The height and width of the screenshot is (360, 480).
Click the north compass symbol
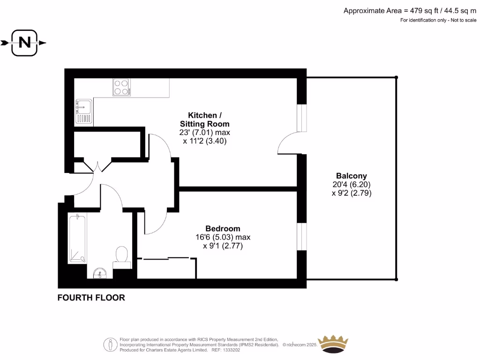click(x=24, y=43)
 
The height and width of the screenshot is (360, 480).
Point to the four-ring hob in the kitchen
click(x=121, y=87)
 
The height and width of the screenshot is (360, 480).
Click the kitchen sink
click(x=83, y=112)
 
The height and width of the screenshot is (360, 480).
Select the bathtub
click(x=77, y=238)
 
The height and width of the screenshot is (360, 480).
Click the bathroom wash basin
click(x=100, y=273)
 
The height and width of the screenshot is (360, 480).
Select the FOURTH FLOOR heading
click(x=91, y=298)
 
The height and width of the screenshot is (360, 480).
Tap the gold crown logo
click(x=333, y=345)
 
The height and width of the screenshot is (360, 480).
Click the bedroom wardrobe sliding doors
click(x=167, y=258)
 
